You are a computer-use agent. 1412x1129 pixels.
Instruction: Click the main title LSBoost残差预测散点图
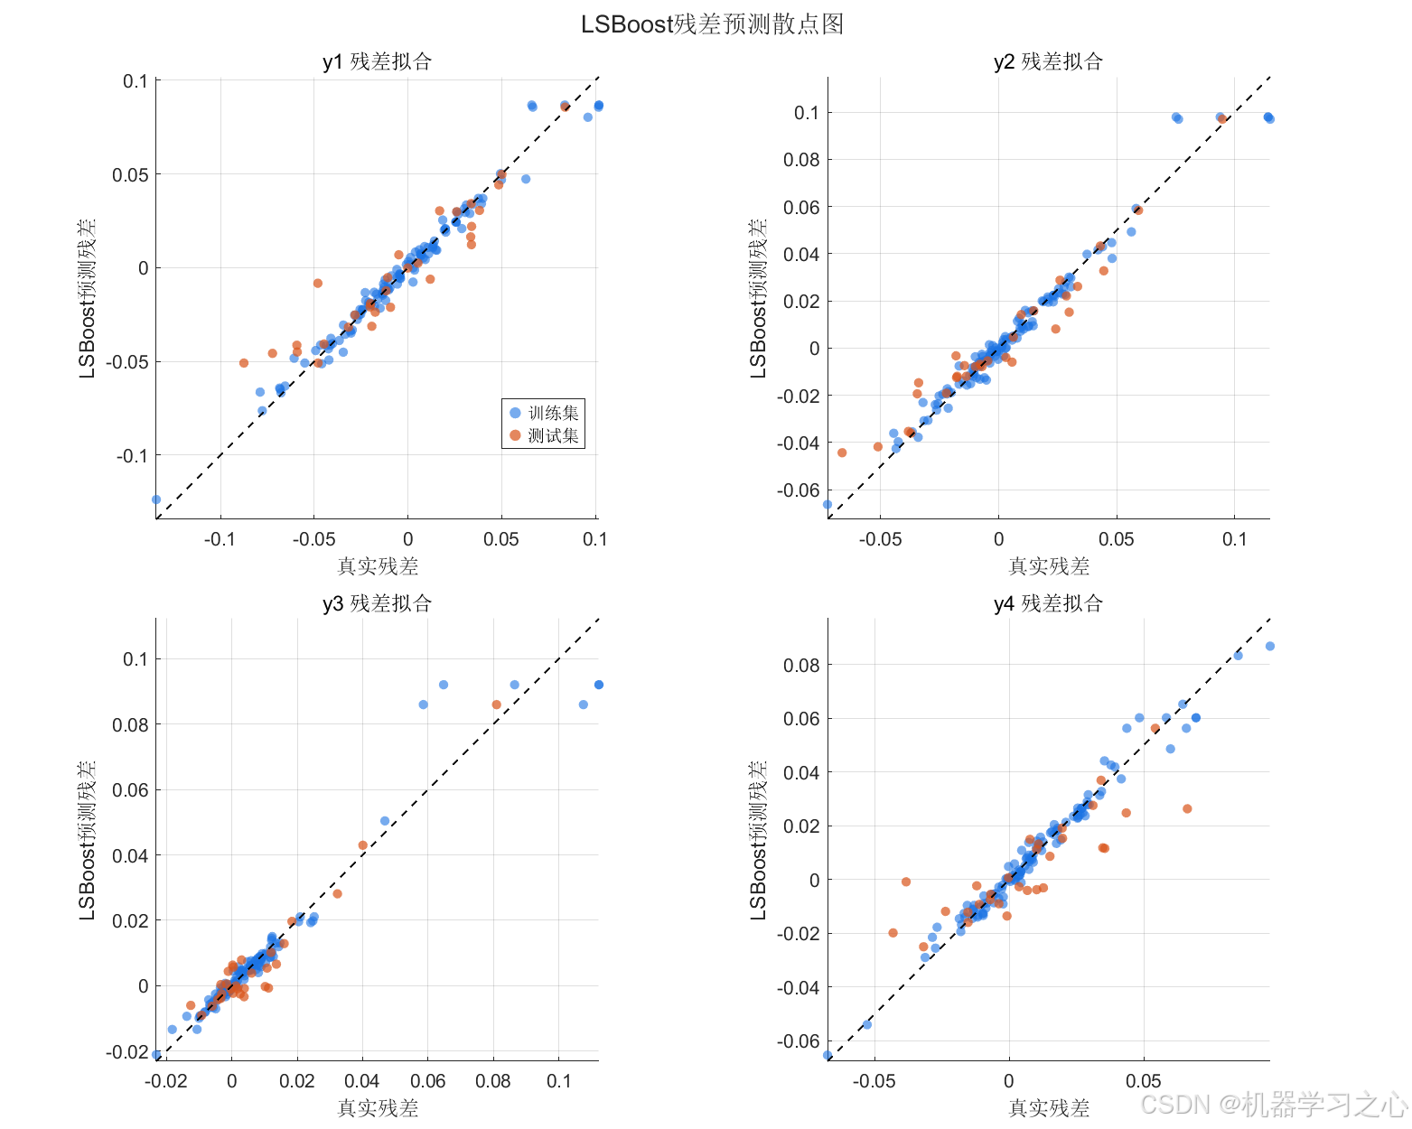pos(712,24)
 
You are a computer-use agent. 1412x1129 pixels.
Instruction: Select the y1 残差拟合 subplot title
pos(377,61)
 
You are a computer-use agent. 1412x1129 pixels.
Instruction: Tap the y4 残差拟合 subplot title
pos(1048,603)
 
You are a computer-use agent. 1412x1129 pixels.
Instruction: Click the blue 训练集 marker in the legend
pos(515,413)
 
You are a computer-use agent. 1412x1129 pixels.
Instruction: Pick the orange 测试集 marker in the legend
pos(515,435)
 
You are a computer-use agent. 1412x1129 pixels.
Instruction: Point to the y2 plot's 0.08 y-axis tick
pos(801,159)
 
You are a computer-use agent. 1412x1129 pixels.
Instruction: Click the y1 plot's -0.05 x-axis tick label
pos(313,539)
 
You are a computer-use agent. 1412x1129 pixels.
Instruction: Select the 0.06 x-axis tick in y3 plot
pos(428,1081)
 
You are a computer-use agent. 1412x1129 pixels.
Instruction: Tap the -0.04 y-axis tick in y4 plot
pos(798,987)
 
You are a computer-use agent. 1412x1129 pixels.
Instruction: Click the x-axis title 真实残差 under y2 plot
pos(1049,566)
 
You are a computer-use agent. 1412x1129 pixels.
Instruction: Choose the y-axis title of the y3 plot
pos(87,840)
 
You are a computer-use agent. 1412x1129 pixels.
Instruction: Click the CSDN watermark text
pos(1274,1105)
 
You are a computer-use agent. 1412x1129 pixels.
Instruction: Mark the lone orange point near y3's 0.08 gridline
pos(497,704)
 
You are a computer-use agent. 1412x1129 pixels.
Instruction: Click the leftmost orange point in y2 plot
pos(842,453)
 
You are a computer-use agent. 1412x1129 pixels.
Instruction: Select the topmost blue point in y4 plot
pos(1270,646)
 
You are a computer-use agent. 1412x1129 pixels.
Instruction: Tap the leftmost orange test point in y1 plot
pos(243,363)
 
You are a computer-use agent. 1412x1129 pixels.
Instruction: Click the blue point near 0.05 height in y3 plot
pos(385,821)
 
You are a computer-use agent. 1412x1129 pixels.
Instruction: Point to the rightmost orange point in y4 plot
pos(1187,809)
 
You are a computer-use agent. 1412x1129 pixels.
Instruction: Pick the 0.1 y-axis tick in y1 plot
pos(136,80)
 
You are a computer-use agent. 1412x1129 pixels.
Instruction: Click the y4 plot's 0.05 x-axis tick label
pos(1143,1081)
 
